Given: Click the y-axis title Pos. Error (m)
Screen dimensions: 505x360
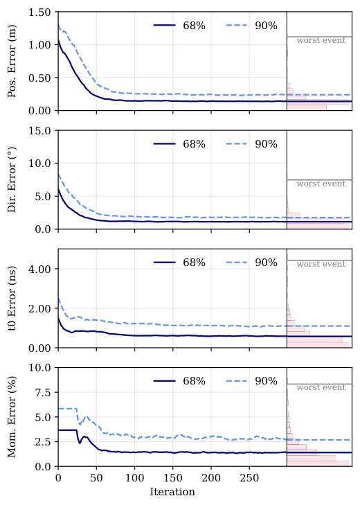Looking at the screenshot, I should (12, 62).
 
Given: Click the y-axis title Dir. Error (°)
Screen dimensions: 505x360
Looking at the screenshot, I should (12, 179).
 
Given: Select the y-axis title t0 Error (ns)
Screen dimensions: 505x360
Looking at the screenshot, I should (12, 299).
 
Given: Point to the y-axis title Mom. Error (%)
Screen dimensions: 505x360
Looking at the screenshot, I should (12, 417).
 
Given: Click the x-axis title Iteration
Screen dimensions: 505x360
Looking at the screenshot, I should (172, 492).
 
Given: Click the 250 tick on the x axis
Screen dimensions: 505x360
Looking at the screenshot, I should (250, 478).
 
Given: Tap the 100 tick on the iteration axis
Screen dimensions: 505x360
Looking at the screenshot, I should (135, 478).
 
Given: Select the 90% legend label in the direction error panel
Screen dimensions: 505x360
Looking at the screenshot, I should (266, 144).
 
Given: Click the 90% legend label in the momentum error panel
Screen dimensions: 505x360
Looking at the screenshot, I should (266, 381).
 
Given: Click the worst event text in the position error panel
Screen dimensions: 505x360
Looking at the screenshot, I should (321, 41).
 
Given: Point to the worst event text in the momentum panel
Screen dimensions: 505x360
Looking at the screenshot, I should (321, 388).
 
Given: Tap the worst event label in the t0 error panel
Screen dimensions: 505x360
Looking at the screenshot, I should (321, 265).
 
